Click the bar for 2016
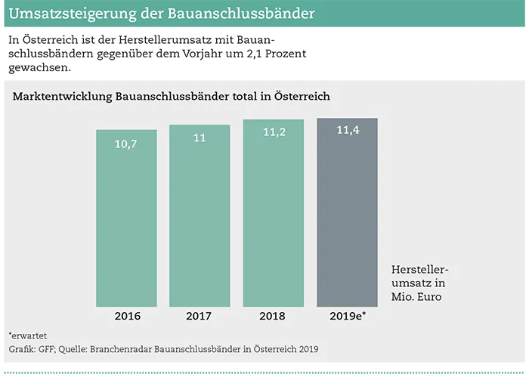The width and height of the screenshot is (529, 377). tap(126, 219)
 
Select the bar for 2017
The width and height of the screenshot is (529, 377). tap(200, 219)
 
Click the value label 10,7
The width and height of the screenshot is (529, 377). tap(126, 144)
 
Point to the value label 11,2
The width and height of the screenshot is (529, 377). tap(274, 132)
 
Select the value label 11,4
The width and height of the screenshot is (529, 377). tap(347, 131)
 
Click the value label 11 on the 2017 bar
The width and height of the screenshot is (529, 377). tap(200, 138)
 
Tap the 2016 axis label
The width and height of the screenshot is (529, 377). tap(126, 317)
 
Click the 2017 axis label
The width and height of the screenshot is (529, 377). tap(200, 317)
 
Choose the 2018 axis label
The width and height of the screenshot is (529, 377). tap(274, 317)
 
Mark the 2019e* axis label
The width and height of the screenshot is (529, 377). tap(348, 317)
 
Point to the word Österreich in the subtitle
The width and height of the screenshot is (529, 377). tap(299, 97)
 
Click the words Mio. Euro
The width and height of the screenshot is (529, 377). tap(416, 297)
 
